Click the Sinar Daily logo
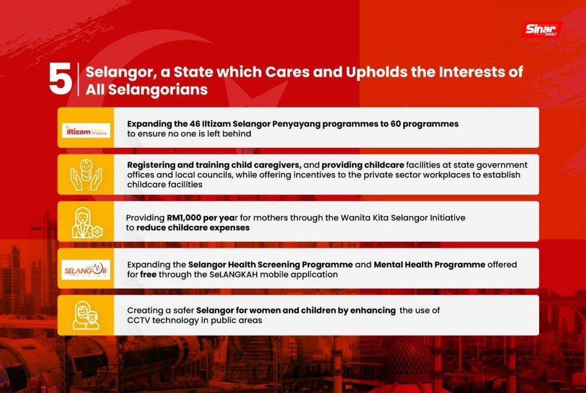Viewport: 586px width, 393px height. pos(541,29)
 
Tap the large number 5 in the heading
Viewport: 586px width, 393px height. pos(60,79)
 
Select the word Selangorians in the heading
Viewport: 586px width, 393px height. pos(158,90)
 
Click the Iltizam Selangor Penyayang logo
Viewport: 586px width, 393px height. pos(86,130)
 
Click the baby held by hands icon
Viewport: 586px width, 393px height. pos(86,175)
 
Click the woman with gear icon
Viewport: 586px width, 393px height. pos(87,223)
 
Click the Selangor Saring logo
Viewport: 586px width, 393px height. pos(86,270)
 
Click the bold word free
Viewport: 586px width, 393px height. pos(148,275)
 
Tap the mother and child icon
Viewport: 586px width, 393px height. pos(86,316)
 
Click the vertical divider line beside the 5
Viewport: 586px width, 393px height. pos(78,79)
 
